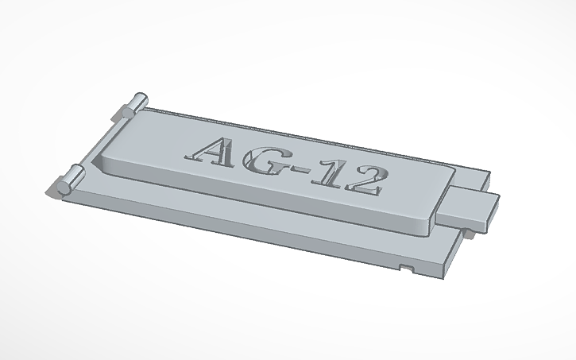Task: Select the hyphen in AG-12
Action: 303,170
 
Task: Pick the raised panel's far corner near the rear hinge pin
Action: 148,113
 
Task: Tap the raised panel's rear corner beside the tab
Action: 454,170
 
